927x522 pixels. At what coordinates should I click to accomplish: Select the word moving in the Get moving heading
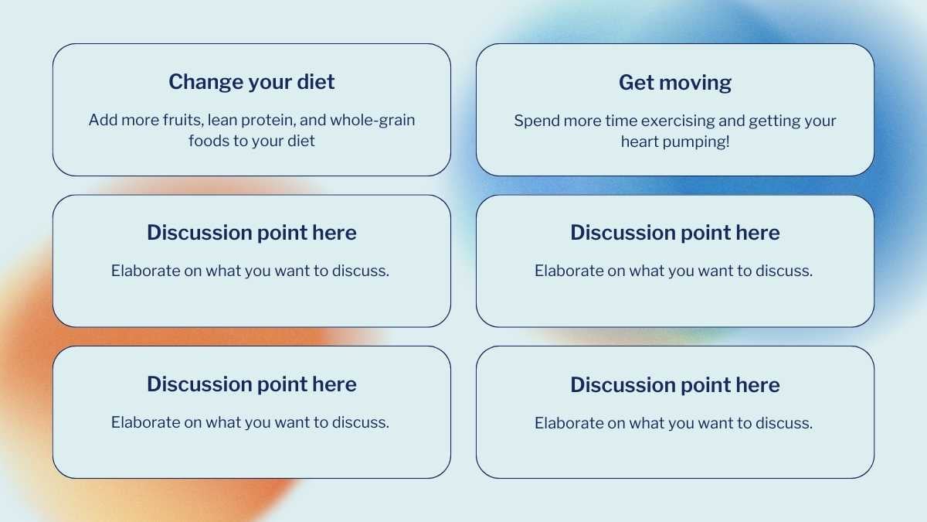coord(695,84)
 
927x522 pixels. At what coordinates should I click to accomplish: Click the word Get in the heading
coord(637,83)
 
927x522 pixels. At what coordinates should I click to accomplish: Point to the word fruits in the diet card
coord(183,120)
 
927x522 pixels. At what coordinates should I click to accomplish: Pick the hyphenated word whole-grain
coord(372,121)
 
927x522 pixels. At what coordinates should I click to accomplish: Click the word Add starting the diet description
coord(103,120)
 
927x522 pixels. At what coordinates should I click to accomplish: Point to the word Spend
coord(537,121)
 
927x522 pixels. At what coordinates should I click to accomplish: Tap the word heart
coord(640,142)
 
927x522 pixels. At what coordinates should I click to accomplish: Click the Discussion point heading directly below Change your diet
coord(252,233)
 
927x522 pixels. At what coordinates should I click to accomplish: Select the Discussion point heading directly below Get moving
coord(675,233)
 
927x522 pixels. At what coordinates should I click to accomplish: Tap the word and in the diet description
coord(313,120)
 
